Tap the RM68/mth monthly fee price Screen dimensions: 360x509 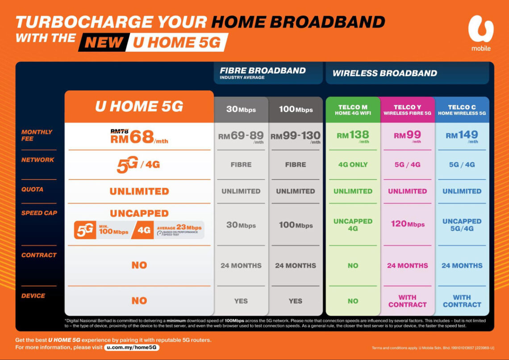click(139, 138)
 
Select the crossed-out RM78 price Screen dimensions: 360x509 click(120, 131)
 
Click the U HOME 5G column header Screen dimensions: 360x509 click(139, 107)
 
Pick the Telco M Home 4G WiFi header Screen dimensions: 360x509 click(353, 110)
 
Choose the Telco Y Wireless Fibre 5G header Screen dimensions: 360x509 click(407, 110)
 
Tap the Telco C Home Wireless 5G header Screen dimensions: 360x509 click(462, 110)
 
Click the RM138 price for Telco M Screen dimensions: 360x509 click(353, 136)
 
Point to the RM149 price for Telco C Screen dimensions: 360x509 click(462, 136)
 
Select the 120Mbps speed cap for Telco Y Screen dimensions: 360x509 click(407, 224)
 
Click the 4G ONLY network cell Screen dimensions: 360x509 click(353, 165)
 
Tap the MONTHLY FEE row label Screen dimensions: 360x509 click(37, 135)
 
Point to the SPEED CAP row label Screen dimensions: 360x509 click(39, 213)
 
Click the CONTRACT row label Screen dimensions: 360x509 click(39, 255)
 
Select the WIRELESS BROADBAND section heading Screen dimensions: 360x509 click(384, 73)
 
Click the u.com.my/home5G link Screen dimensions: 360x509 click(132, 347)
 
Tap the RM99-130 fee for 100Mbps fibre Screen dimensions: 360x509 click(295, 137)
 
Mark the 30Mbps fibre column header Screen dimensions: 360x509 click(241, 109)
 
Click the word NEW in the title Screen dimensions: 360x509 click(104, 42)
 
